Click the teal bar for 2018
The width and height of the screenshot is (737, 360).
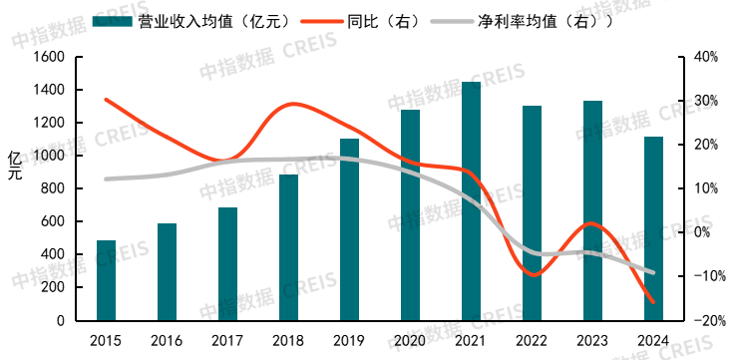click(288, 247)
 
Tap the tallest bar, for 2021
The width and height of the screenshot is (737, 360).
click(471, 201)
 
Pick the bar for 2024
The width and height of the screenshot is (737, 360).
click(653, 228)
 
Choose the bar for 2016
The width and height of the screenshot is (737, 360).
click(167, 272)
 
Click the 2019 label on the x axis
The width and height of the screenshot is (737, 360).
click(349, 340)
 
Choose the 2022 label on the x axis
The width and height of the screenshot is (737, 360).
click(532, 340)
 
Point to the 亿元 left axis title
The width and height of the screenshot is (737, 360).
click(14, 166)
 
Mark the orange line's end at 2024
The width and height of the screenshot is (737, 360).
click(653, 302)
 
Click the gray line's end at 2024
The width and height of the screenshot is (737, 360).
click(653, 272)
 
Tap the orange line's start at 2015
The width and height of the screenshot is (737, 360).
click(106, 100)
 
